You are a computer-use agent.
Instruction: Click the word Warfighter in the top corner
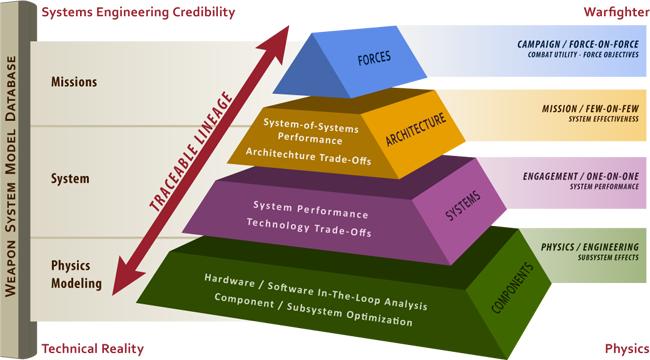611,12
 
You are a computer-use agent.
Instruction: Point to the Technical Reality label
93,349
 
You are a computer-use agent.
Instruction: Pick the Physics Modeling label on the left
77,275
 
